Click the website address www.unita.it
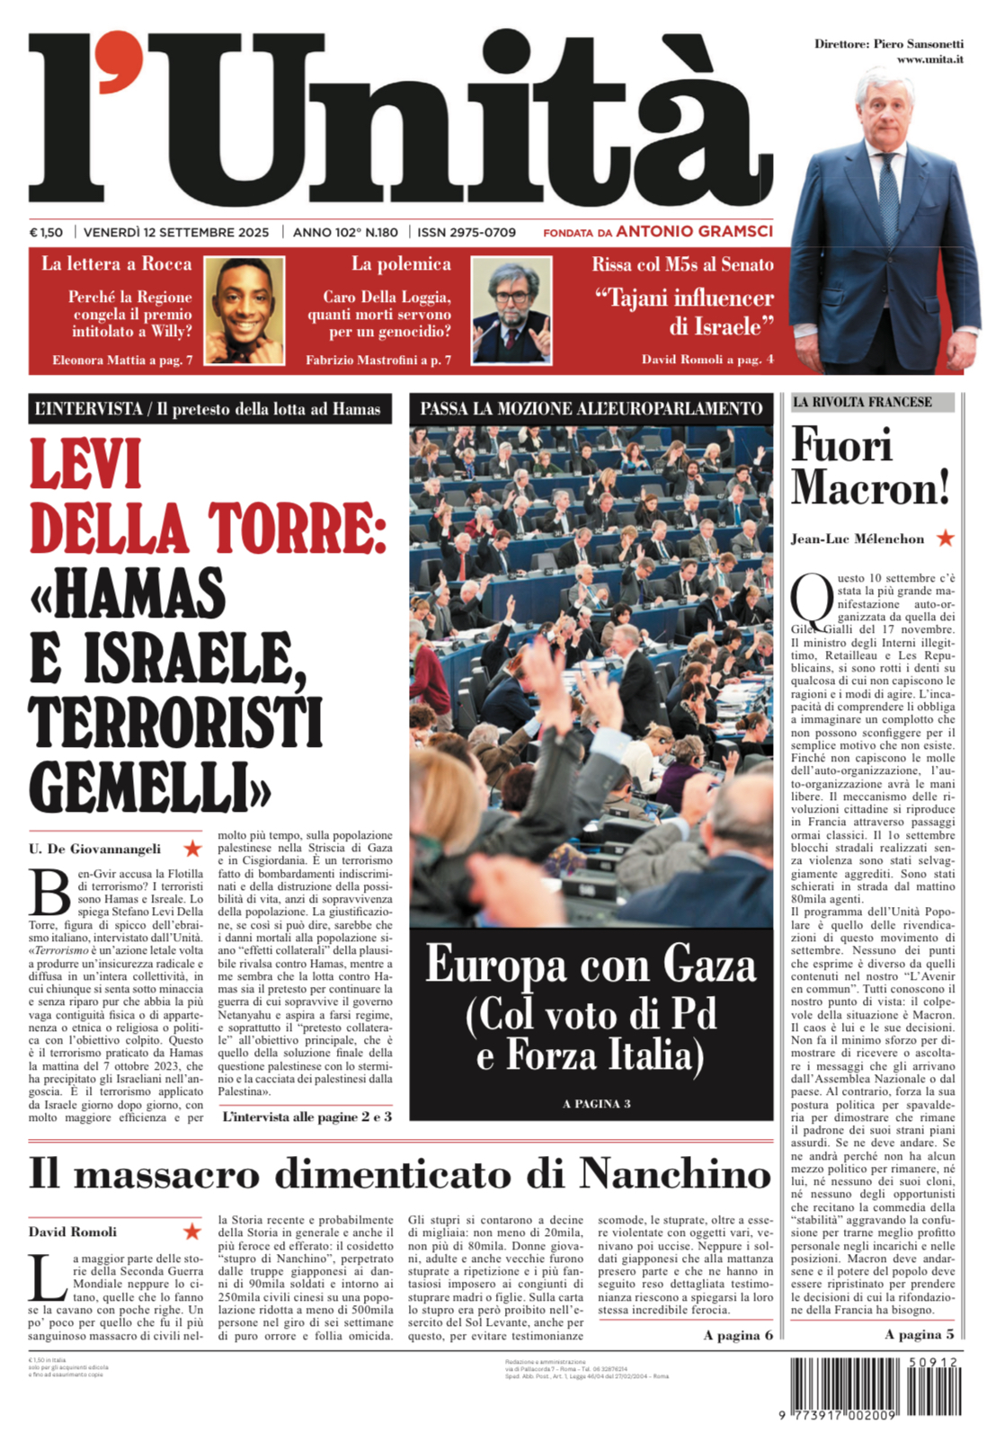929,59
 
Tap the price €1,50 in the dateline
46,232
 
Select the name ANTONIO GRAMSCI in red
694,231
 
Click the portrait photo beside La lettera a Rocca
244,310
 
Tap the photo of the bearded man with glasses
511,310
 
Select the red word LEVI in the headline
86,465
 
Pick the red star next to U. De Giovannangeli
192,848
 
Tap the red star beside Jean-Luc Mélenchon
945,538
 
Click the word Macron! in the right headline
870,489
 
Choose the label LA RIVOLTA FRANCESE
862,402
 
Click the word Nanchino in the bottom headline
674,1173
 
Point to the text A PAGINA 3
596,1103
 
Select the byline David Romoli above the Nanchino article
73,1232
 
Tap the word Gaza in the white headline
709,965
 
